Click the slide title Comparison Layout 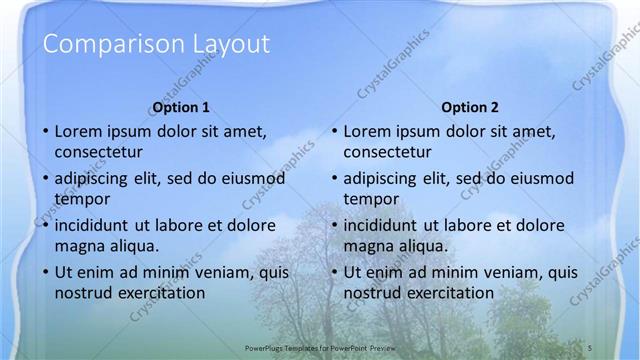pos(157,44)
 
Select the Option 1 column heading pos(181,107)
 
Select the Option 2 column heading pos(470,107)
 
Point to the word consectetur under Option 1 pos(98,153)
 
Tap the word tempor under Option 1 pos(81,199)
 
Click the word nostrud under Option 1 pos(84,293)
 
